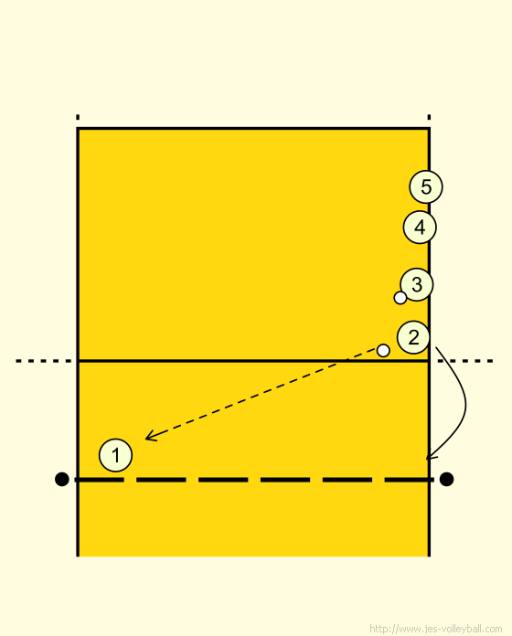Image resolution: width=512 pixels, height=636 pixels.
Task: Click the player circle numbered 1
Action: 115,455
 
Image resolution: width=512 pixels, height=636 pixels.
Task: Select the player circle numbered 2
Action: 413,337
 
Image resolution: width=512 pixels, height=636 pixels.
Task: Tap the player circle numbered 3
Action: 417,284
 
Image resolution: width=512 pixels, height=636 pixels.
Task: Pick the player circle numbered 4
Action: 420,228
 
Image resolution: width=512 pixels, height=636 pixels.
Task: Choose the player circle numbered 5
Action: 426,186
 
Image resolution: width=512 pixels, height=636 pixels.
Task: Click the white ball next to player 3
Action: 400,298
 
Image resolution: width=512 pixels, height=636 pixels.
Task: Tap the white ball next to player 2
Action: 383,351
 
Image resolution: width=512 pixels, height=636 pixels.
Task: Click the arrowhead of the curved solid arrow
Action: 427,459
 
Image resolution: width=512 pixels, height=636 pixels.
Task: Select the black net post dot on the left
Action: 61,479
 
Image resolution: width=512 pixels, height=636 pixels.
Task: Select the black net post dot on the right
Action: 446,479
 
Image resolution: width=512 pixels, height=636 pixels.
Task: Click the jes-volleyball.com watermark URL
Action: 436,629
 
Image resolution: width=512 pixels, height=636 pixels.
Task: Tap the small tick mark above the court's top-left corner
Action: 78,117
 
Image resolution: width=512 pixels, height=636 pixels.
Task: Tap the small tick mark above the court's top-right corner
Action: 429,117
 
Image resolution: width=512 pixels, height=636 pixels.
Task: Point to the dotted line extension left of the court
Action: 44,361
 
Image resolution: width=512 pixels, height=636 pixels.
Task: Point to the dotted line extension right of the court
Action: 465,361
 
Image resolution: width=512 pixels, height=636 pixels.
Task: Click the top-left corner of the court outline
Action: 78,129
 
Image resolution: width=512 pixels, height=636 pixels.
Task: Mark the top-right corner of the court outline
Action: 429,129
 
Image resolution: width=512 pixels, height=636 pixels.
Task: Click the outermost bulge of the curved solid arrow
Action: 466,404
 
